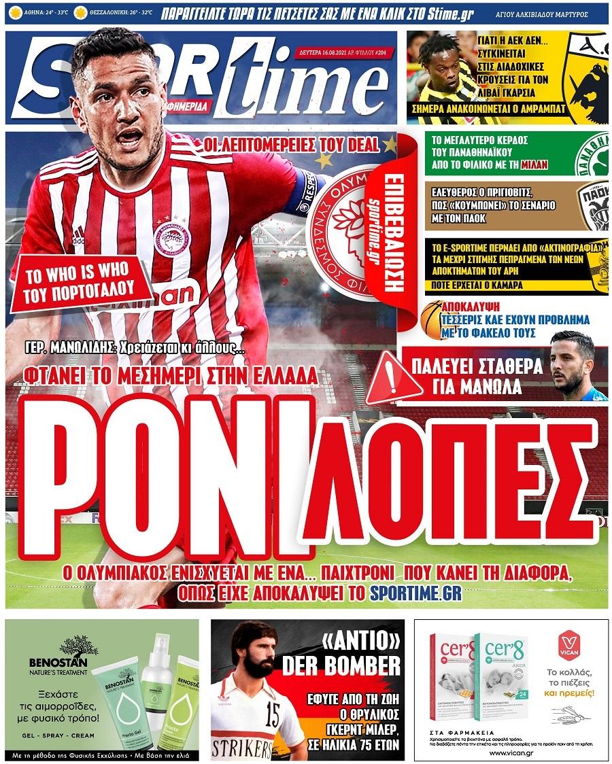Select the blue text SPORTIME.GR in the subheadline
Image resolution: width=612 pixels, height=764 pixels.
point(416,593)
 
